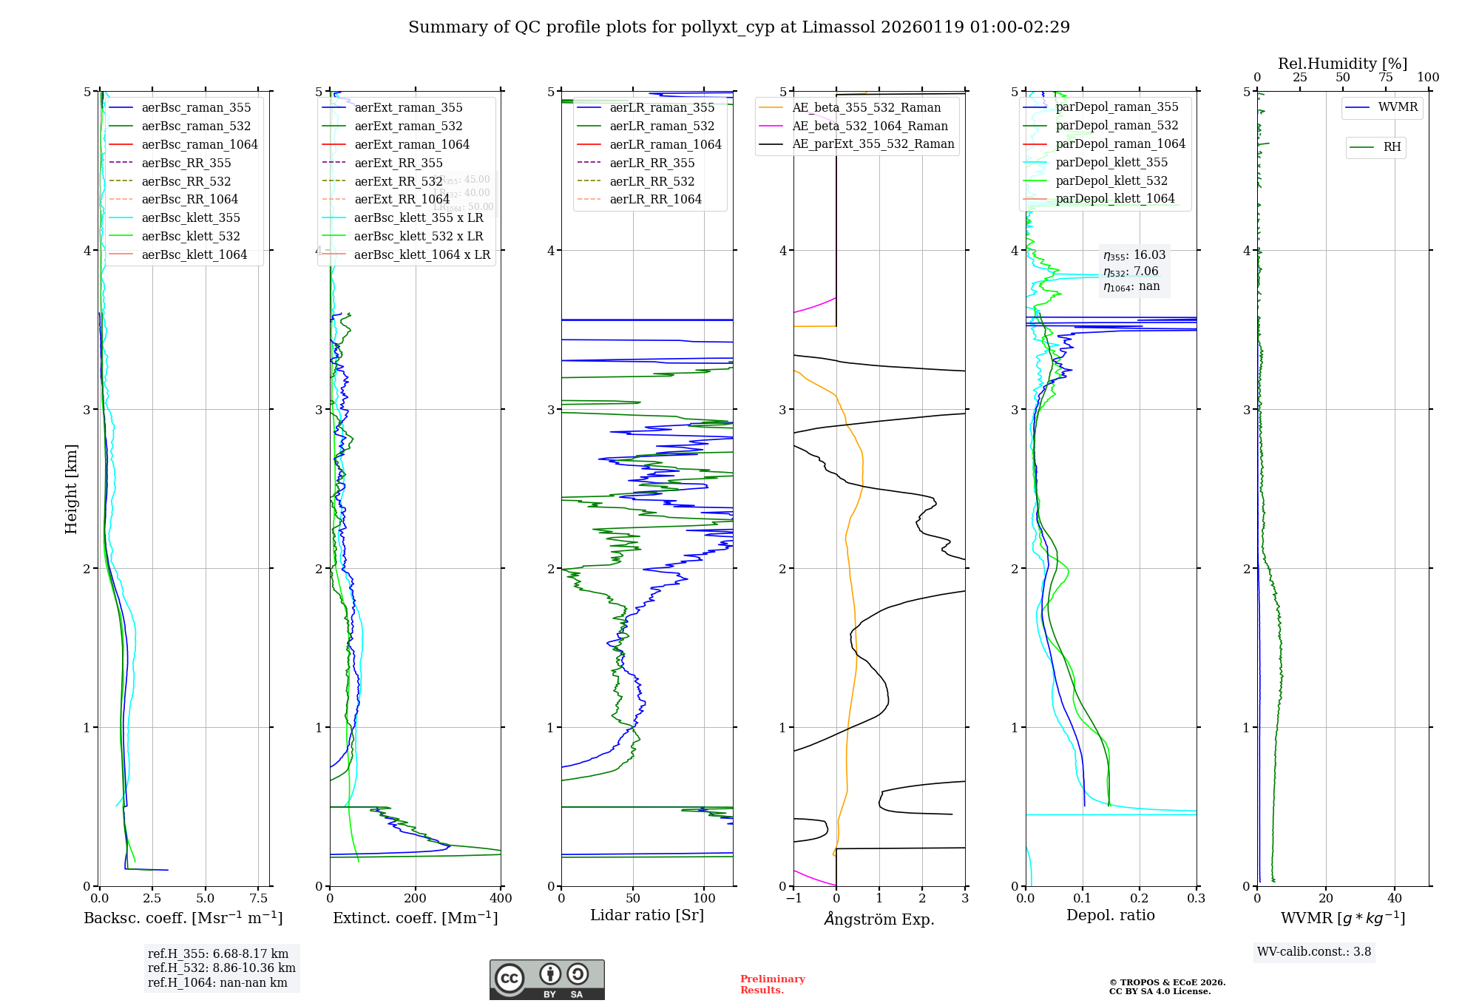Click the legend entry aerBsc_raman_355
point(196,108)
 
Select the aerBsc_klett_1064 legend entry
point(194,255)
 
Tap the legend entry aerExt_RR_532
point(398,181)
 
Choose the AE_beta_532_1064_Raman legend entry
point(870,126)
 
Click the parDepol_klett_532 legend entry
point(1111,181)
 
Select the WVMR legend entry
point(1398,107)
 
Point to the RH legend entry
point(1392,147)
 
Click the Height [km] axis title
point(71,489)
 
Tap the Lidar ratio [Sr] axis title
point(647,916)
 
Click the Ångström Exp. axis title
point(879,919)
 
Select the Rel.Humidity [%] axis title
point(1342,64)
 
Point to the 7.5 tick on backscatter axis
point(259,899)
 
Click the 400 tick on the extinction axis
point(501,899)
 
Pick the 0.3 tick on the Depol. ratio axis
point(1196,899)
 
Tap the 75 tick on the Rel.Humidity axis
point(1385,78)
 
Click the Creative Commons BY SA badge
point(546,980)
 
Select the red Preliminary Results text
point(772,985)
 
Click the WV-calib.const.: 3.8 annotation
point(1314,952)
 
